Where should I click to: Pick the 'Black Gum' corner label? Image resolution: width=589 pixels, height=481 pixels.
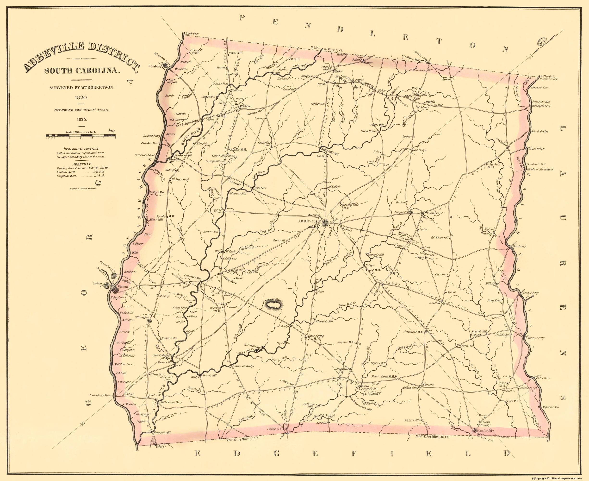(192, 34)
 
